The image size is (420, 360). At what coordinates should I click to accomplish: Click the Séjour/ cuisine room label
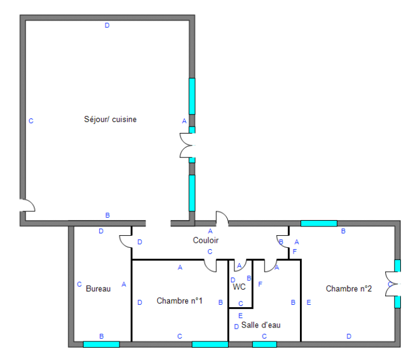(110, 119)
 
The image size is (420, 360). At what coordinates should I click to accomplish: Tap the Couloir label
(206, 240)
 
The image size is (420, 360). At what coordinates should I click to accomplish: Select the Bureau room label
(98, 289)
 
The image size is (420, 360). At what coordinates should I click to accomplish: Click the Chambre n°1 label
(179, 301)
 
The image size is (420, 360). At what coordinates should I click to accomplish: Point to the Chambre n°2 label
(349, 289)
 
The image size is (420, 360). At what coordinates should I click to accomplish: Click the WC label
(239, 287)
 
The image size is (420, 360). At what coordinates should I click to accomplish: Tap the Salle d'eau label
(261, 325)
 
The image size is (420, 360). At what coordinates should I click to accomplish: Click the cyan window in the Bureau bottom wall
(102, 344)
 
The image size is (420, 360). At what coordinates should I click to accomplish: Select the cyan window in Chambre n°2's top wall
(318, 224)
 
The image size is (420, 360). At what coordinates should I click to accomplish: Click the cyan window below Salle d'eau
(265, 344)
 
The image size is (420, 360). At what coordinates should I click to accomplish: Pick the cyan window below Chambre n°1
(210, 344)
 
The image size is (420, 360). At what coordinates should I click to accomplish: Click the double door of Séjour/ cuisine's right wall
(187, 145)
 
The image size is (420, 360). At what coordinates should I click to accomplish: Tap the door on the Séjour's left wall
(28, 205)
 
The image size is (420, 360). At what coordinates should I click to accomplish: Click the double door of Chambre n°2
(393, 284)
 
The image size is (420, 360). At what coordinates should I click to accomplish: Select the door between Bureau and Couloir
(125, 241)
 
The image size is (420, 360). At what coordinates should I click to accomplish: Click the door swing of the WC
(240, 265)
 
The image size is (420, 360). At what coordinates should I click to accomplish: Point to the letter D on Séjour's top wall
(107, 26)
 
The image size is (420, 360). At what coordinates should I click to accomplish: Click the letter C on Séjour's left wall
(31, 121)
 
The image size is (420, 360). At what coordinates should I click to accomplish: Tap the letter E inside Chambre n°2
(309, 303)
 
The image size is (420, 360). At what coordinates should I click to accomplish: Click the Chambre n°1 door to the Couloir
(210, 266)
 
